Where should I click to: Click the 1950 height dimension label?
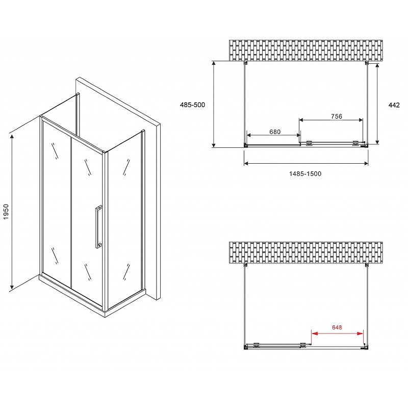tap(6, 212)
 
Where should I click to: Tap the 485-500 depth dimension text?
tap(193, 105)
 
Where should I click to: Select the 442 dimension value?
tap(394, 105)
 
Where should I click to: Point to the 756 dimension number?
tap(337, 116)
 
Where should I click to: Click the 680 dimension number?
tap(275, 132)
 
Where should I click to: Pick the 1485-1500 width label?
tap(305, 173)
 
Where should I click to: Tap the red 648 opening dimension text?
tap(337, 327)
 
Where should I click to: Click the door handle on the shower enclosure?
tap(98, 226)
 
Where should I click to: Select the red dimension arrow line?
tap(337, 334)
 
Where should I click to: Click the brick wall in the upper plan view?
tap(305, 50)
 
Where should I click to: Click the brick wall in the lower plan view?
tap(305, 252)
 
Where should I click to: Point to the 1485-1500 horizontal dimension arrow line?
tap(306, 163)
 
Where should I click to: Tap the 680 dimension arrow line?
tap(273, 135)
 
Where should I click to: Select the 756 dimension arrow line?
tap(331, 120)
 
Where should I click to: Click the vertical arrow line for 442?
tap(377, 104)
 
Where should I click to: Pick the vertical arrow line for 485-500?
tap(214, 104)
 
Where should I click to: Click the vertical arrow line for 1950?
tap(12, 212)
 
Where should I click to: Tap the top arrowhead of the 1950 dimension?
tap(12, 136)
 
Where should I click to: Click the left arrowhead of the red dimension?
tap(314, 334)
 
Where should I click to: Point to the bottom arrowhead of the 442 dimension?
tap(377, 142)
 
